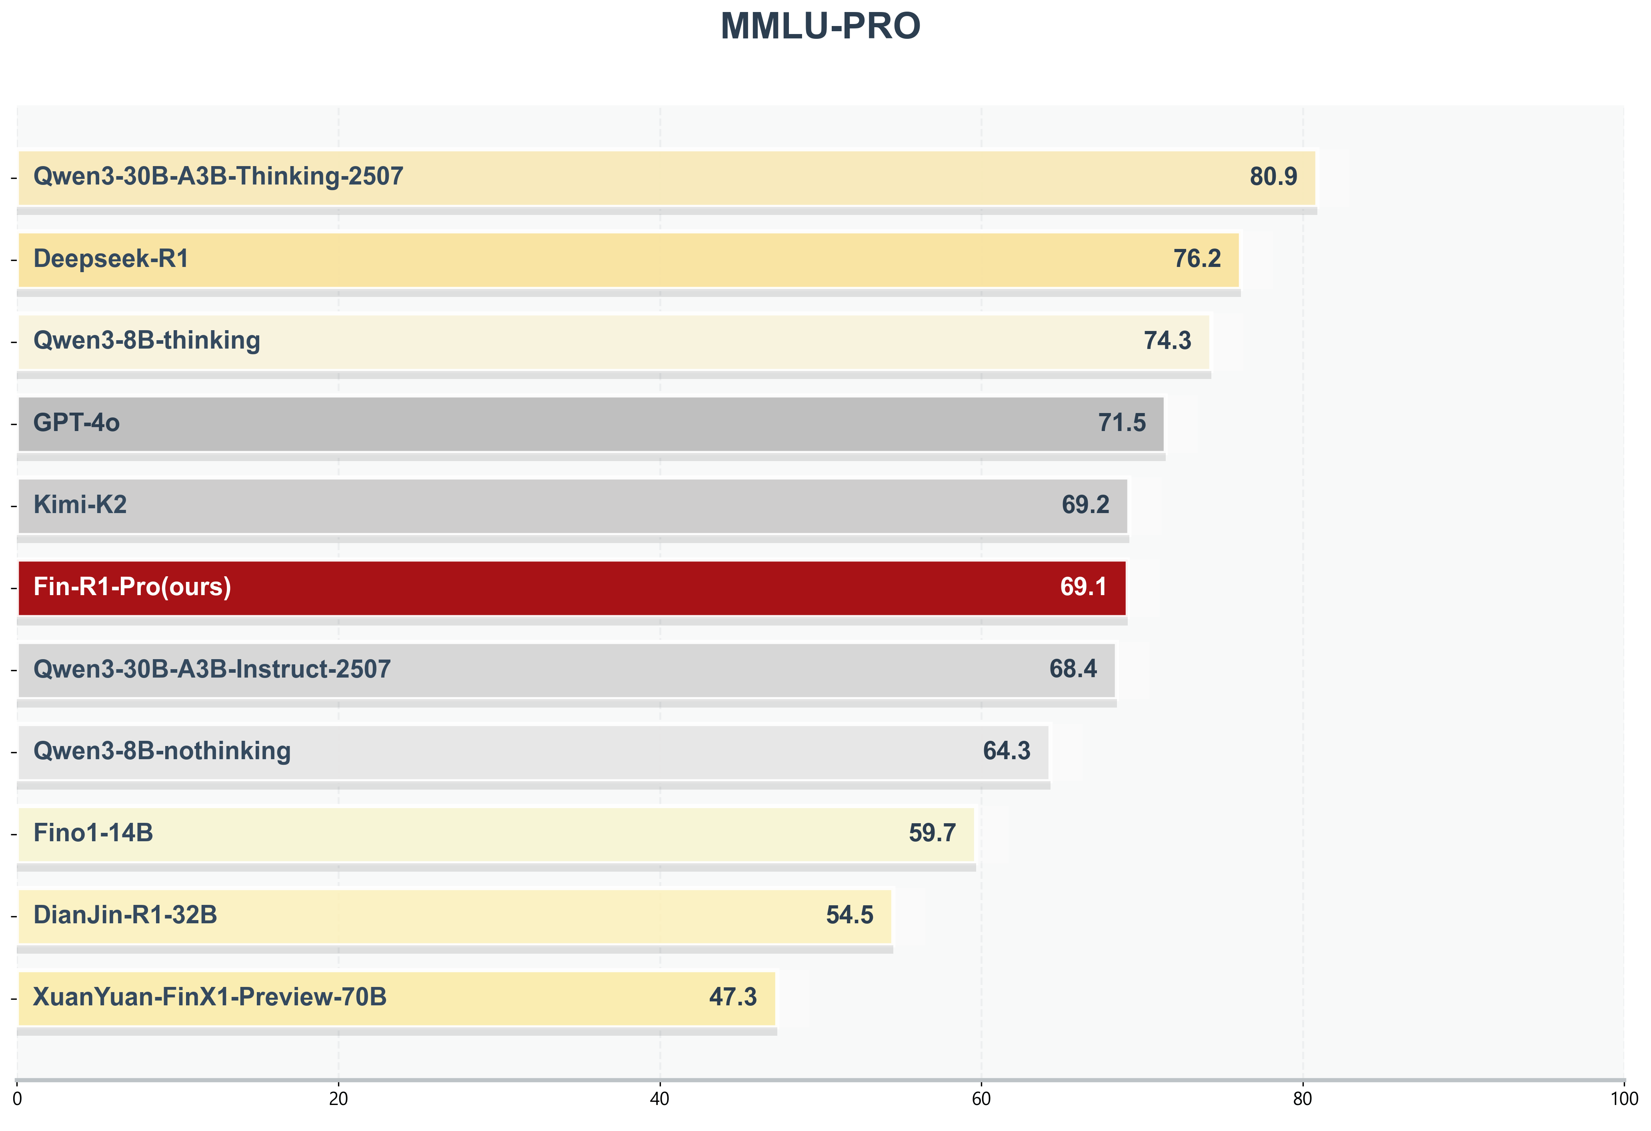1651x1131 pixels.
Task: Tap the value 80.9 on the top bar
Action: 1273,176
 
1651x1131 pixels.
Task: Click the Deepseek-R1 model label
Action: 111,259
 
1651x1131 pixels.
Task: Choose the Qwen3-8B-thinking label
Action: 146,341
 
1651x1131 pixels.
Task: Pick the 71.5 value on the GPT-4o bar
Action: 1122,423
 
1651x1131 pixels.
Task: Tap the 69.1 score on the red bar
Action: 1083,587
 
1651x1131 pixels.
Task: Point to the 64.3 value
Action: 1006,751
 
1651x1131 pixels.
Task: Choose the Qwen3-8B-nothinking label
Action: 162,751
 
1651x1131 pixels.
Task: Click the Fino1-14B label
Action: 93,833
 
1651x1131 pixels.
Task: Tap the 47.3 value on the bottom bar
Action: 732,997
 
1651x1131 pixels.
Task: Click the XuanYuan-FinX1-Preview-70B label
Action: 210,997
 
